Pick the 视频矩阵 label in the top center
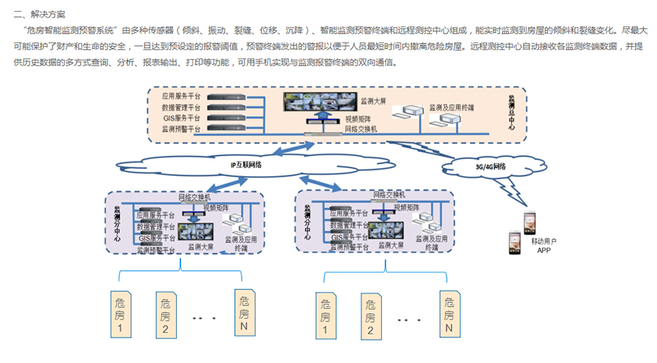(358, 118)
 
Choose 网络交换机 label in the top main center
(360, 129)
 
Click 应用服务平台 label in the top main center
(181, 96)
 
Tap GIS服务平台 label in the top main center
(181, 118)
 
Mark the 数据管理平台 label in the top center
(181, 107)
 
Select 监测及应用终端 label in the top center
(451, 107)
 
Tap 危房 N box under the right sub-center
(450, 314)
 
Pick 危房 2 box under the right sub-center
(371, 316)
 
